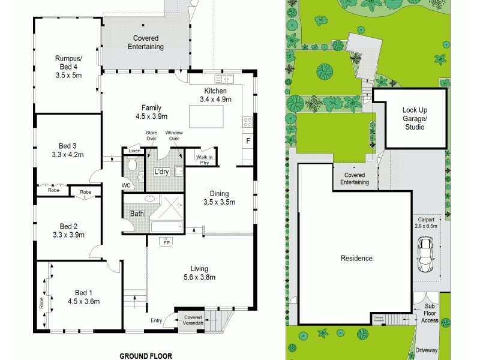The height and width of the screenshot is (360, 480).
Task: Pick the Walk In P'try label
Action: pyautogui.click(x=203, y=160)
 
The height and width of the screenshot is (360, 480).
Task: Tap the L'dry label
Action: pyautogui.click(x=161, y=172)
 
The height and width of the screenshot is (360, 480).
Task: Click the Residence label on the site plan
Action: pyautogui.click(x=357, y=259)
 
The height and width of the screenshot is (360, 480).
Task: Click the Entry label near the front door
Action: pyautogui.click(x=157, y=321)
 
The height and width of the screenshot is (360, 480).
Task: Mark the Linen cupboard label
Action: pyautogui.click(x=134, y=151)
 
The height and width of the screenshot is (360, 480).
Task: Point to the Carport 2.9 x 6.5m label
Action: pyautogui.click(x=427, y=223)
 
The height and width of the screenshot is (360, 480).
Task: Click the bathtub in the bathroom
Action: pyautogui.click(x=166, y=227)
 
